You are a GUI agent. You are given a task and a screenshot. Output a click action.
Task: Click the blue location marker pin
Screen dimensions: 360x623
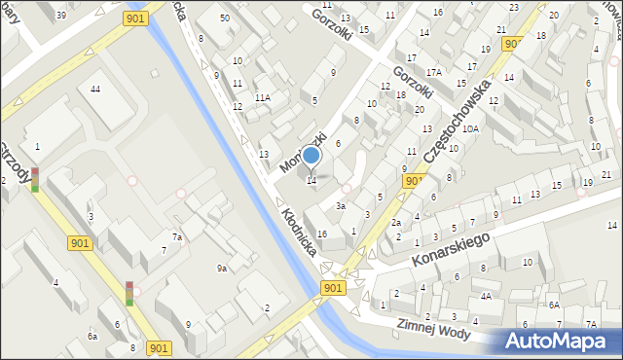click(x=311, y=156)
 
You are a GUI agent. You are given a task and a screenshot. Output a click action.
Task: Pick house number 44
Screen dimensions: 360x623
click(x=94, y=90)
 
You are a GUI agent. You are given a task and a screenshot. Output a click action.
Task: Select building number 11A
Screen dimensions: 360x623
click(x=263, y=98)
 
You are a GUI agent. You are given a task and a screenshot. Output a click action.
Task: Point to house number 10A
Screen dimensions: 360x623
click(x=470, y=128)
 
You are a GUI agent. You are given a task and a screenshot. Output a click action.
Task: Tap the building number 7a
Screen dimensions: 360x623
click(x=177, y=237)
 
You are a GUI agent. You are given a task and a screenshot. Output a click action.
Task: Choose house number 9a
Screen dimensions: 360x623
click(x=222, y=269)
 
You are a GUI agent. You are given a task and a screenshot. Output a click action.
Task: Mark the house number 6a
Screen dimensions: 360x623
click(x=92, y=336)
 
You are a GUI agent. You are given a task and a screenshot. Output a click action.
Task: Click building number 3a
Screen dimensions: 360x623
click(x=341, y=206)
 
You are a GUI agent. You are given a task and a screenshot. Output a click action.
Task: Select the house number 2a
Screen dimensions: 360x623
click(x=396, y=223)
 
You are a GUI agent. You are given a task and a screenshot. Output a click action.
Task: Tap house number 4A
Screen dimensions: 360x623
click(x=485, y=296)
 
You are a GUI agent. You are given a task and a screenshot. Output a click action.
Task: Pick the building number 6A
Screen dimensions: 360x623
click(x=553, y=305)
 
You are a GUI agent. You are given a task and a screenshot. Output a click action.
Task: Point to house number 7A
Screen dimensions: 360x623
click(x=590, y=324)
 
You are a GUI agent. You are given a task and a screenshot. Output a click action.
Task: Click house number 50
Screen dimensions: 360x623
click(x=225, y=18)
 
